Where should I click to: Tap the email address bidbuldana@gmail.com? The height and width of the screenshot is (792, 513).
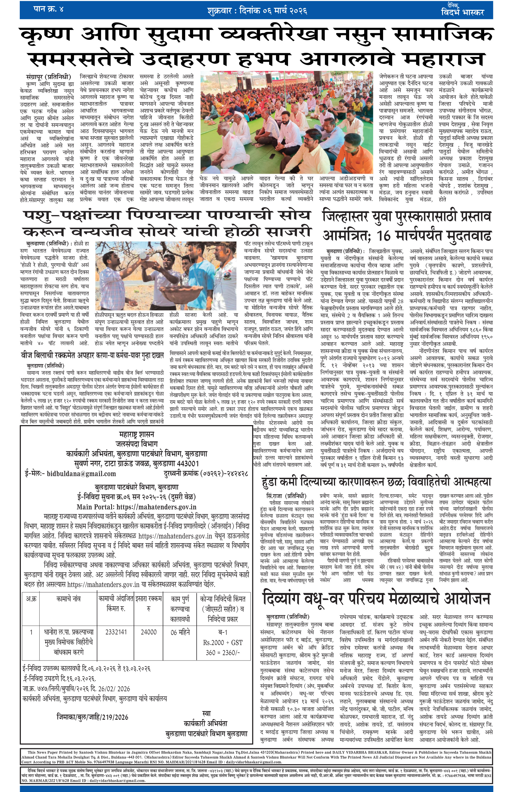[81, 473]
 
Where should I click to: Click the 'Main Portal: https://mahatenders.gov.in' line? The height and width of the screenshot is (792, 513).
[137, 507]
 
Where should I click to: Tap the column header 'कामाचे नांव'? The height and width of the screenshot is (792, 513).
[68, 599]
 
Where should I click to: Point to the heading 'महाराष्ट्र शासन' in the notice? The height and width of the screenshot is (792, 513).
[137, 434]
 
